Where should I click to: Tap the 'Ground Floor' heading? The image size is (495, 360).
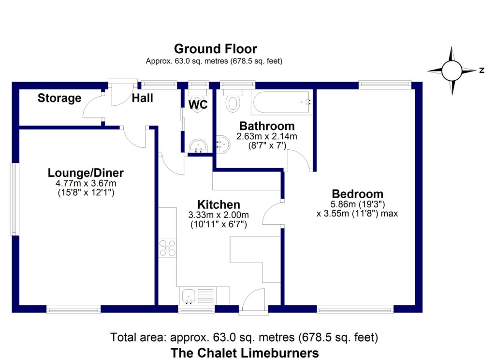click(x=215, y=49)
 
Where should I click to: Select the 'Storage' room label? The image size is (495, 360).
click(x=59, y=99)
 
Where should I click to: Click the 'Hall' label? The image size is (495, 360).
click(x=143, y=99)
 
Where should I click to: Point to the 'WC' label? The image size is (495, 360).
click(x=198, y=105)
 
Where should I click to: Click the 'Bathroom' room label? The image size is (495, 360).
click(x=267, y=127)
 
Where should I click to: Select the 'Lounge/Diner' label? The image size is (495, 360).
click(x=86, y=173)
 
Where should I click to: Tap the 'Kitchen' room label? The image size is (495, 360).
click(x=218, y=204)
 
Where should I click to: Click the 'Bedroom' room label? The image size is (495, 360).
click(x=357, y=194)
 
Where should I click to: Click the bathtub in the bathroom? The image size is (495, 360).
click(x=282, y=102)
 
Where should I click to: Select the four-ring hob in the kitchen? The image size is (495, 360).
click(x=168, y=247)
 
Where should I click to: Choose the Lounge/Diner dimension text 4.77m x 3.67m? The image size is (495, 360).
click(x=86, y=184)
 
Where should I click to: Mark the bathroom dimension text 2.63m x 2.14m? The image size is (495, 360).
click(x=267, y=137)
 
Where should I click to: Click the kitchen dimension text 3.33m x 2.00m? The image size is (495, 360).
click(x=218, y=215)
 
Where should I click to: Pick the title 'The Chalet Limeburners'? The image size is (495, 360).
click(x=244, y=352)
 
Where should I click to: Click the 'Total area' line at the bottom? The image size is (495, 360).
click(x=244, y=336)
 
